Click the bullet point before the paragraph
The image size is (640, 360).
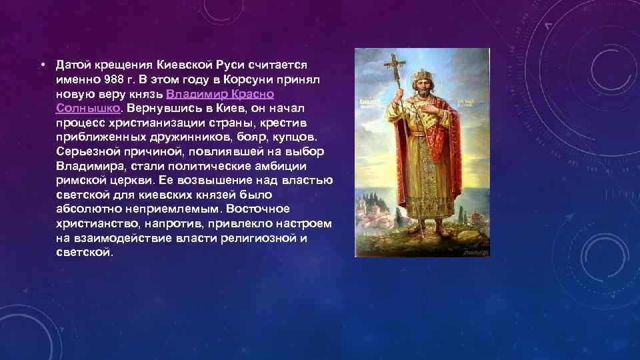[x=41, y=65]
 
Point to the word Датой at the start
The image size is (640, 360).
[x=71, y=65]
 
